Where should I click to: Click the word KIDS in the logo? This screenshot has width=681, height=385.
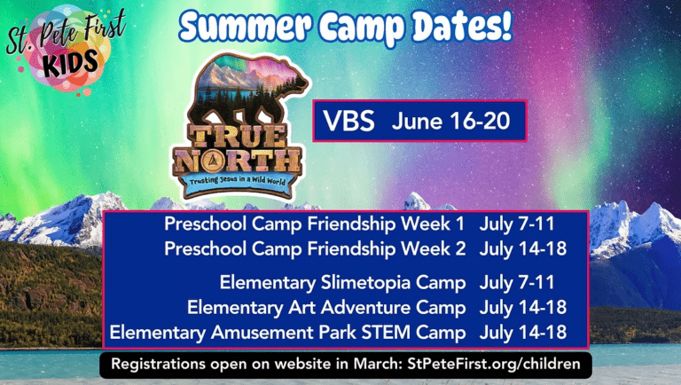tap(71, 63)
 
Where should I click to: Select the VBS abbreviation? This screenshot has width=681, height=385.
tap(348, 121)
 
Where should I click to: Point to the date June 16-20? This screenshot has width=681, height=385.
tap(450, 121)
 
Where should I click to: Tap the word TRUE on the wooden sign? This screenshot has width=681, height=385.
tap(239, 137)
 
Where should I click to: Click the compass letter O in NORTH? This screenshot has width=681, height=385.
tap(213, 161)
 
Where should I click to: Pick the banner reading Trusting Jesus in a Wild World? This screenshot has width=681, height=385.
tap(238, 180)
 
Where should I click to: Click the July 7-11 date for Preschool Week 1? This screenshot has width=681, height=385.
tap(517, 224)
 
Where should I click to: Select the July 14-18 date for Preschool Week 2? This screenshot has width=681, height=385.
tap(523, 249)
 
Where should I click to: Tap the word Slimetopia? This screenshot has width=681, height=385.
tap(365, 283)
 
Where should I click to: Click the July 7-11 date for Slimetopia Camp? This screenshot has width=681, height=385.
tap(517, 283)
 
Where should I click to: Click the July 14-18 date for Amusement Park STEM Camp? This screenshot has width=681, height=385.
tap(523, 333)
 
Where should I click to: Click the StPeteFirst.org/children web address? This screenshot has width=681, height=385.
tap(494, 364)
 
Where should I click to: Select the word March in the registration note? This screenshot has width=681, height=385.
tap(377, 364)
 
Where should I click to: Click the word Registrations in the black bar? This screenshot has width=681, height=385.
tap(158, 364)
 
